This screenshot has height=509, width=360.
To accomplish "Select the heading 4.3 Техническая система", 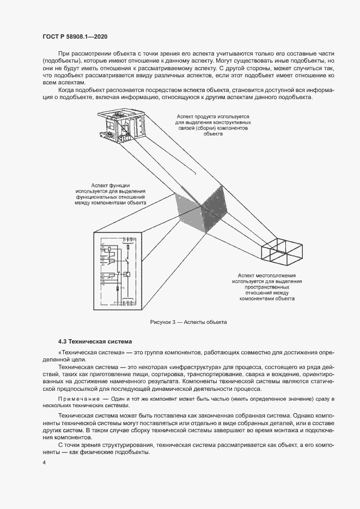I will (95, 342).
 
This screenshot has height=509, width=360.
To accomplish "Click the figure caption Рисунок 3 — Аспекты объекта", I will (188, 322).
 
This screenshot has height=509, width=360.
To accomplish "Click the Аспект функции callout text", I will (111, 193).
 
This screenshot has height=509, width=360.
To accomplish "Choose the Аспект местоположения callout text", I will (266, 287).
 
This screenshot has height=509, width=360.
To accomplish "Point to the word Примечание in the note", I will (79, 400).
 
